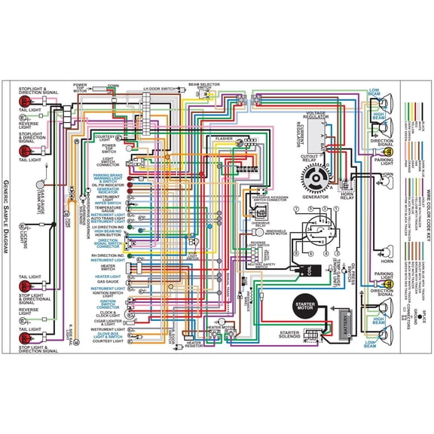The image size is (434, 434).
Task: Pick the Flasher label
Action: click(225, 139)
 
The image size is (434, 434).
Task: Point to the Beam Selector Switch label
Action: click(203, 87)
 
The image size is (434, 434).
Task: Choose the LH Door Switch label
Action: click(158, 88)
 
